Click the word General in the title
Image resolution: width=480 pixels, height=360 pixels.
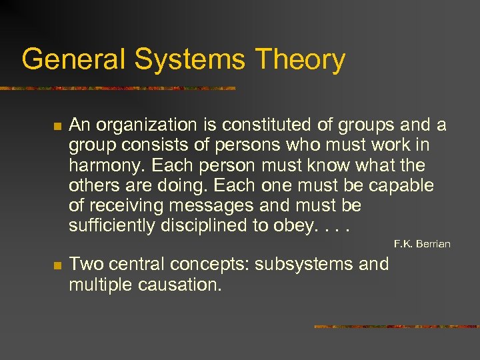[x=73, y=59]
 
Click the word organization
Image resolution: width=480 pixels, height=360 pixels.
[x=145, y=125]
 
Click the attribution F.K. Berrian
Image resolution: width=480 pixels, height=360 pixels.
[x=422, y=244]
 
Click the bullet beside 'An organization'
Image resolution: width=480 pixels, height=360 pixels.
[x=57, y=126]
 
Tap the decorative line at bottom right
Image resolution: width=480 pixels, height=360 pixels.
[x=396, y=327]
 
